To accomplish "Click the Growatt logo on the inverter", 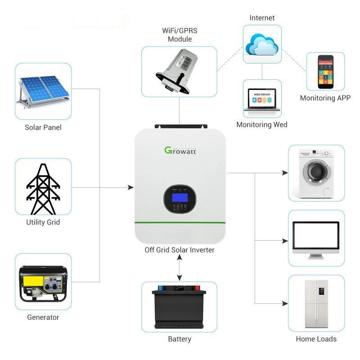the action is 180,150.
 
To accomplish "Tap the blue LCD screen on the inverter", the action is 180,198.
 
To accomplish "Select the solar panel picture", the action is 43,91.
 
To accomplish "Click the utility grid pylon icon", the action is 43,189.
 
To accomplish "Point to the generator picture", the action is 43,283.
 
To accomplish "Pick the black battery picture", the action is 179,306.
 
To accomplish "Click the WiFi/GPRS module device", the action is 176,72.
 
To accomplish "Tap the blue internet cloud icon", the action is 262,44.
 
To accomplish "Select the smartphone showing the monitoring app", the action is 325,72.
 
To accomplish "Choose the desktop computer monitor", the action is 316,240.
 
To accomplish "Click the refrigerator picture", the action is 316,304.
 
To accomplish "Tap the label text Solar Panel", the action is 43,127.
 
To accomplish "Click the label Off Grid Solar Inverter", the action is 180,250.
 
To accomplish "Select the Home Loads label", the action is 316,339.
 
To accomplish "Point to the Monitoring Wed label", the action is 262,125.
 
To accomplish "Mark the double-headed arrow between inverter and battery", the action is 180,268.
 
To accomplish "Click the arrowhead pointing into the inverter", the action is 131,187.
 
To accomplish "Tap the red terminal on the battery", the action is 197,288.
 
